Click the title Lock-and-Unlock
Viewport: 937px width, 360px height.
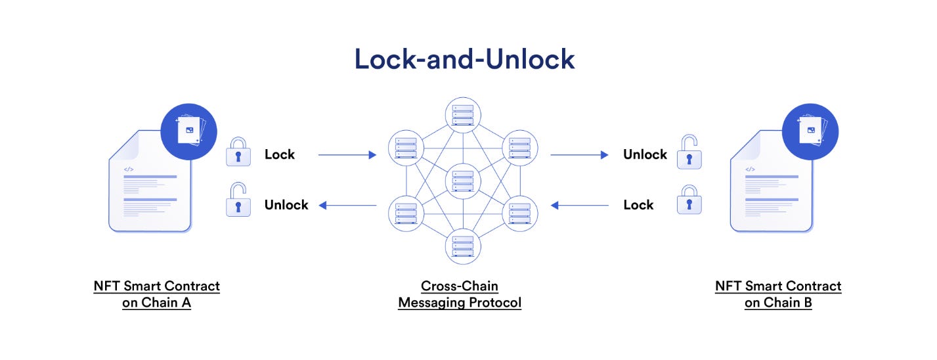[464, 59]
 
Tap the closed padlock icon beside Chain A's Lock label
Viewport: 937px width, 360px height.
[238, 153]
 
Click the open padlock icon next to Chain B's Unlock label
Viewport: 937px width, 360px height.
[689, 152]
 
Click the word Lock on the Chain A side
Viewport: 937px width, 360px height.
[280, 154]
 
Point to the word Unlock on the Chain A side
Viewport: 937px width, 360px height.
[286, 205]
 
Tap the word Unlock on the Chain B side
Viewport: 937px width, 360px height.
[645, 154]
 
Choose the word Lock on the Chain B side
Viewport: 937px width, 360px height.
[638, 205]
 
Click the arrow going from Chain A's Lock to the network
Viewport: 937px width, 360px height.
[347, 155]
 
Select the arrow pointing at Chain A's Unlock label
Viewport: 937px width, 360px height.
[347, 206]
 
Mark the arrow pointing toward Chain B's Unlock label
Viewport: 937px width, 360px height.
[579, 155]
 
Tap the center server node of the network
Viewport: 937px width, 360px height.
[463, 181]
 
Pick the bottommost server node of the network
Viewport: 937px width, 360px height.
[463, 246]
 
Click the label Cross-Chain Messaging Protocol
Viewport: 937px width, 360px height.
[460, 295]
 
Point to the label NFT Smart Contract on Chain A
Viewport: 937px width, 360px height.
[156, 295]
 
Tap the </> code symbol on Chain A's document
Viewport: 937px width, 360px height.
[129, 169]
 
